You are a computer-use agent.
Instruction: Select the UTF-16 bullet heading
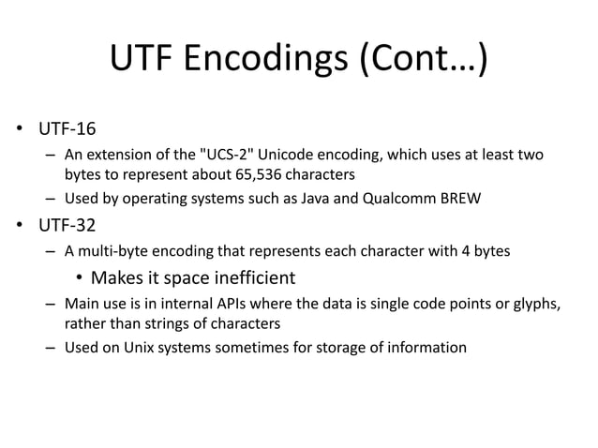click(x=67, y=128)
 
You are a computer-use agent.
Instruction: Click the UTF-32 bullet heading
click(x=67, y=225)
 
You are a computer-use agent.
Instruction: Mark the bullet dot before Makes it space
click(x=81, y=278)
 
